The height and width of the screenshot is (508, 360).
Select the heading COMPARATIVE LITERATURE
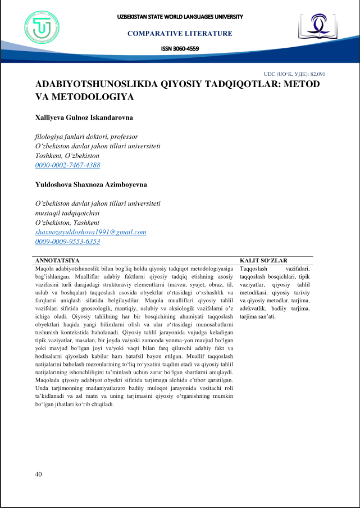180,34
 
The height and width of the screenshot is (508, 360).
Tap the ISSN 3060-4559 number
180,48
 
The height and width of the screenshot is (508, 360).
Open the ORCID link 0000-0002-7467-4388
67,165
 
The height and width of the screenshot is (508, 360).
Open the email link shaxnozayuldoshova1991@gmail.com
90,232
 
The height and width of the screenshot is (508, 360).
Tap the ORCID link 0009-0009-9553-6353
67,241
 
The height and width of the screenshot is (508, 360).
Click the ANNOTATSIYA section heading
57,261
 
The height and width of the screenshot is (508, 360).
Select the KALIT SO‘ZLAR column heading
263,261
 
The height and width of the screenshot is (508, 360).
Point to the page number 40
38,474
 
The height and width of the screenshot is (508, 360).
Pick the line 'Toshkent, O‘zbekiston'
67,156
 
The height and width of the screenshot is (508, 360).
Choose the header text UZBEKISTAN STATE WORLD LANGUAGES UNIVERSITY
180,16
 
